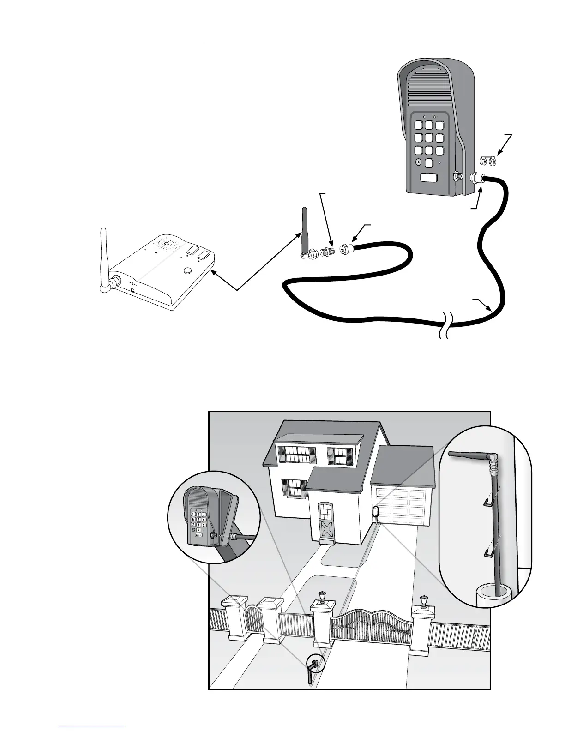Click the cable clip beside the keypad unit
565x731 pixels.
(487, 161)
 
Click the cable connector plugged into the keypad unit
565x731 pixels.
(476, 178)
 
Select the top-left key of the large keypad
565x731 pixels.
(419, 126)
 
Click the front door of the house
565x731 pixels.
(326, 523)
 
